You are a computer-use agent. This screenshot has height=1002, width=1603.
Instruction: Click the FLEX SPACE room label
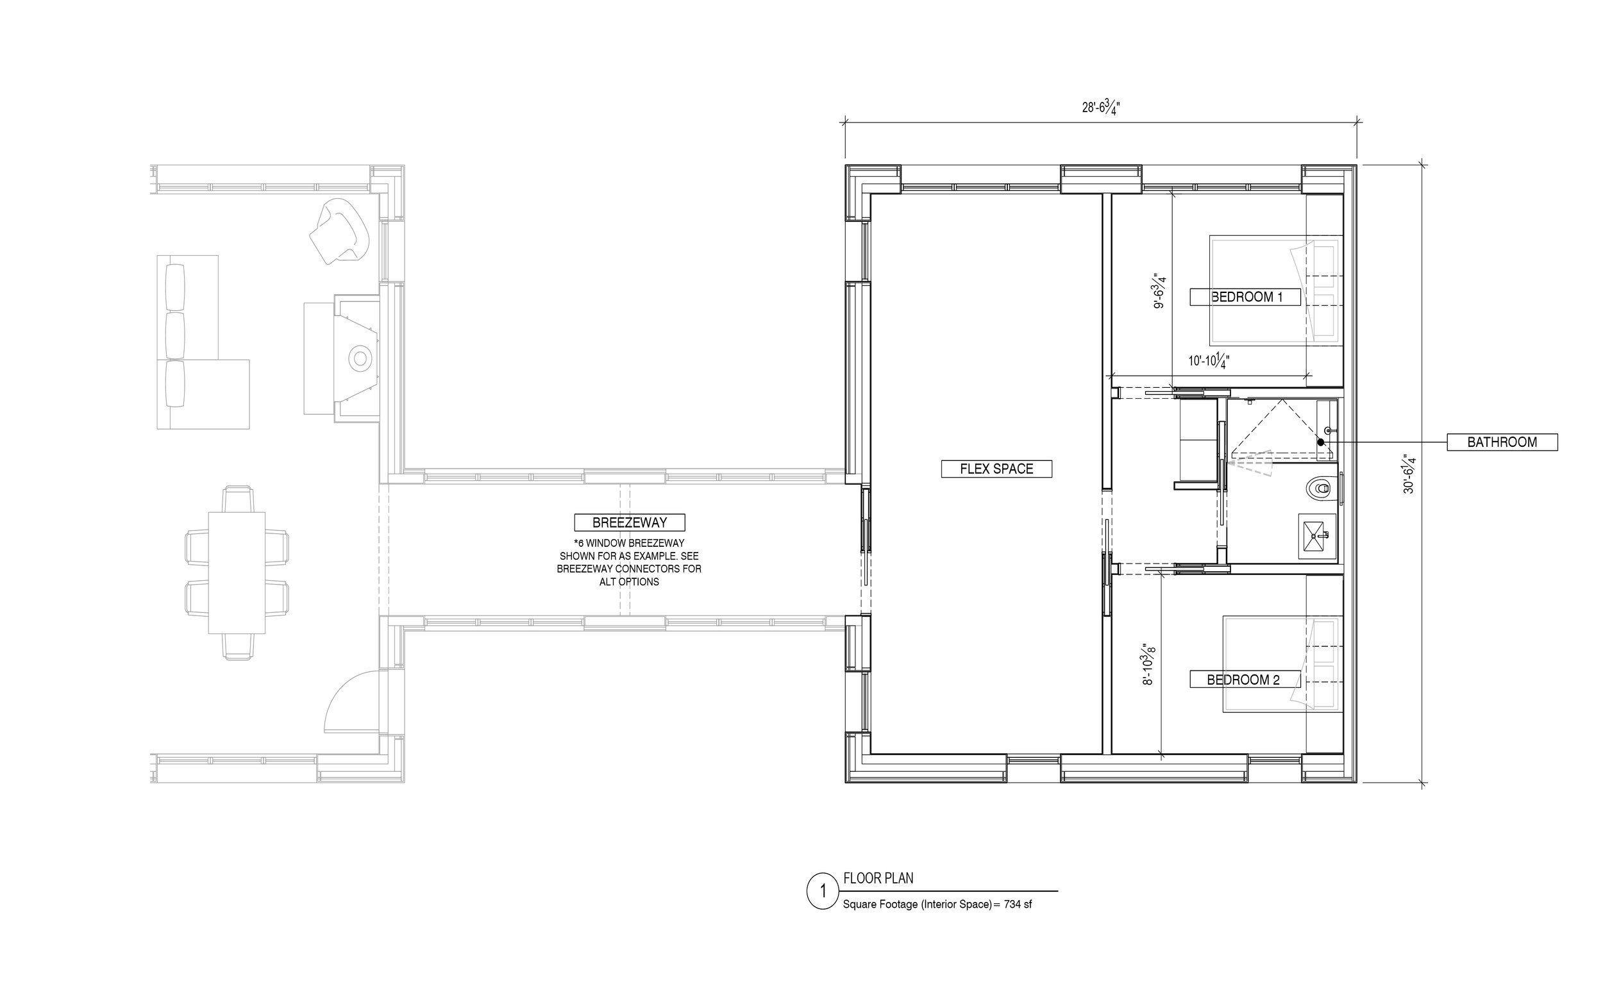point(996,469)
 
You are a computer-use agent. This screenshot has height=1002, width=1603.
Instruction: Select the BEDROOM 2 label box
point(1244,680)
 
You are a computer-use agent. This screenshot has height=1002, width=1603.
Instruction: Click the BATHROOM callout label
point(1502,442)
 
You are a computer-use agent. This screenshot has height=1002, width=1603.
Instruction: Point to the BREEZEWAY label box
point(630,522)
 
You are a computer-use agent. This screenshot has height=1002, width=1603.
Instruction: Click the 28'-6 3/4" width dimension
point(1101,106)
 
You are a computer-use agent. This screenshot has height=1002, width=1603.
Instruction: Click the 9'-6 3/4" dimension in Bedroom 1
point(1159,291)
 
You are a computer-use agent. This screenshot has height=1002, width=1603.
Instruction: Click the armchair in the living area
point(339,231)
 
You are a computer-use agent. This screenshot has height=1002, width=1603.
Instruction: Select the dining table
point(237,572)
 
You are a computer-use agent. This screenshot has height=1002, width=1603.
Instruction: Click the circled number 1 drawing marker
point(824,890)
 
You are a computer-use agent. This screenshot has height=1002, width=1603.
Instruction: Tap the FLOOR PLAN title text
point(878,878)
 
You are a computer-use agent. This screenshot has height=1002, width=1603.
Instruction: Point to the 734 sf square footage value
point(1018,904)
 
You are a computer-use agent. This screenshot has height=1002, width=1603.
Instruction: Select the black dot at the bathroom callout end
point(1321,442)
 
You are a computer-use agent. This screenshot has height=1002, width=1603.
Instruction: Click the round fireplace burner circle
point(360,358)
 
